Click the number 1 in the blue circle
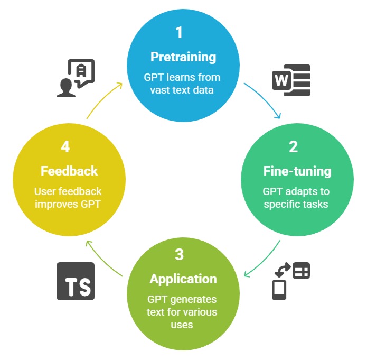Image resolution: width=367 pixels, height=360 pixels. [x=179, y=33]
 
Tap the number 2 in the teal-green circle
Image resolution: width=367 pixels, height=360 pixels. [x=293, y=146]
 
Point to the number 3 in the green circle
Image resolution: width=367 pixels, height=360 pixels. [x=179, y=254]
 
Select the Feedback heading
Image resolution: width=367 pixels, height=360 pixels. [x=69, y=171]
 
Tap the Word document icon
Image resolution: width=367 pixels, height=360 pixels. [x=290, y=80]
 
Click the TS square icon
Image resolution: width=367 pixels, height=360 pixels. [x=76, y=281]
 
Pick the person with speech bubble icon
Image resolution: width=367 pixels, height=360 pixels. [x=76, y=78]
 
